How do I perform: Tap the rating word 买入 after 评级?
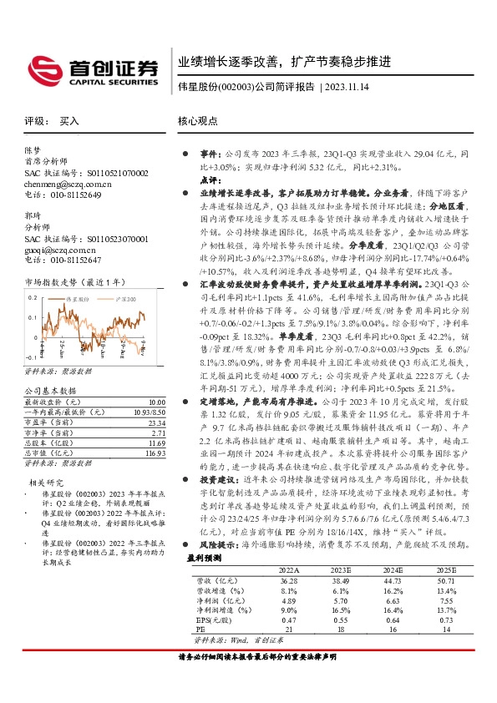(69, 121)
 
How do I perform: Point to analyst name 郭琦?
(32, 215)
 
